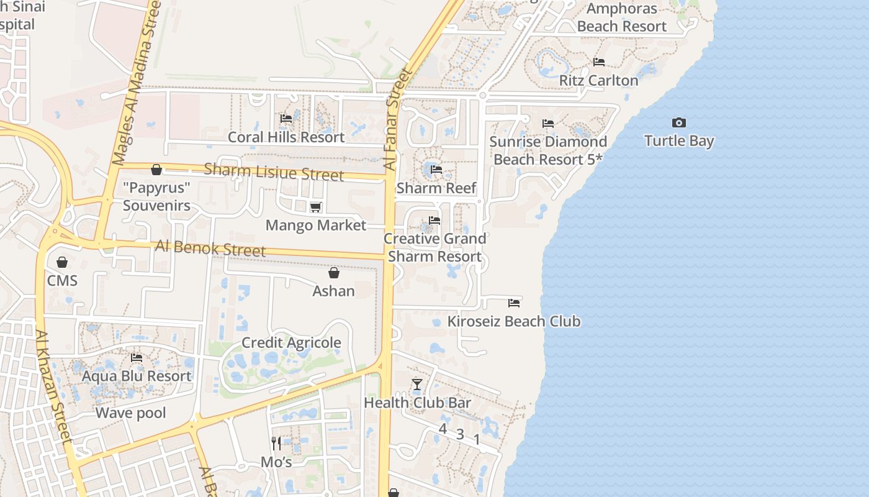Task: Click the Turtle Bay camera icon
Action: [679, 123]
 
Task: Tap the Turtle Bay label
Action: [679, 141]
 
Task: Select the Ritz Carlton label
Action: [598, 81]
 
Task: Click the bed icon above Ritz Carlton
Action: [599, 62]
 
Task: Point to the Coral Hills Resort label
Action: [286, 137]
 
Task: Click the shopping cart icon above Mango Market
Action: [316, 207]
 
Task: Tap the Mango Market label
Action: [316, 225]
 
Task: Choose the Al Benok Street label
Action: [210, 248]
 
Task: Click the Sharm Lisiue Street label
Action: [273, 171]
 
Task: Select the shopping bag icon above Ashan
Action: [334, 273]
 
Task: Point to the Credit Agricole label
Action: [291, 343]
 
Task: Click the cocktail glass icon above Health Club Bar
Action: [417, 385]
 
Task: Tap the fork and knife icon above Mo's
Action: [276, 443]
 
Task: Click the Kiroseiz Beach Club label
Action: [514, 321]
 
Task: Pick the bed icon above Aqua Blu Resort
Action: [137, 358]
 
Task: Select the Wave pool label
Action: [130, 413]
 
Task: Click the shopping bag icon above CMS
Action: [62, 262]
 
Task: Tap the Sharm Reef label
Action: [436, 188]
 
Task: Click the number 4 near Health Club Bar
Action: [443, 429]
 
